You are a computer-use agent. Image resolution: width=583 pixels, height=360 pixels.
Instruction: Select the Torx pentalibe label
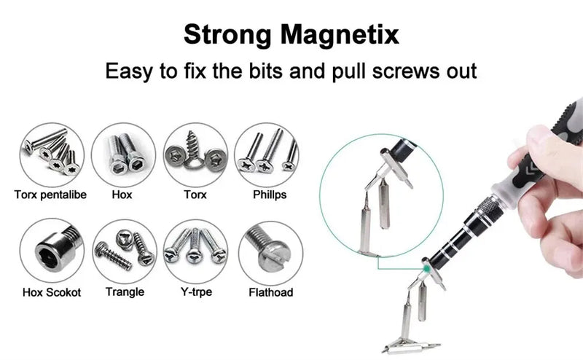pos(50,195)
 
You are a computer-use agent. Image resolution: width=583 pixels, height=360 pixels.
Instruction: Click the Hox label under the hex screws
pos(122,195)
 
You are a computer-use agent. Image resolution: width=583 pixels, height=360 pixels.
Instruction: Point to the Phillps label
pos(270,195)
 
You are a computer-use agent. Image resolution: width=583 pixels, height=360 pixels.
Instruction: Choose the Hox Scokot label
pos(51,292)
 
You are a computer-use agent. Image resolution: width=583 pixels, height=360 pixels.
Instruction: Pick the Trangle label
pos(125,292)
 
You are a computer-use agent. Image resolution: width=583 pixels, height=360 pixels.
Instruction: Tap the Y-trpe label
pos(195,292)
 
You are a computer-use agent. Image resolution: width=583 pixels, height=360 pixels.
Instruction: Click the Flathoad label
pos(269,292)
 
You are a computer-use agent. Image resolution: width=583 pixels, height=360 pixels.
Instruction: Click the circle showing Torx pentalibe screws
pos(52,154)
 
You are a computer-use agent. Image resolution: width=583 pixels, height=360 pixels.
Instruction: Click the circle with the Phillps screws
pos(269,154)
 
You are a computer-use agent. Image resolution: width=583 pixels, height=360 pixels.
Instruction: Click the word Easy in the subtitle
pos(131,71)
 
